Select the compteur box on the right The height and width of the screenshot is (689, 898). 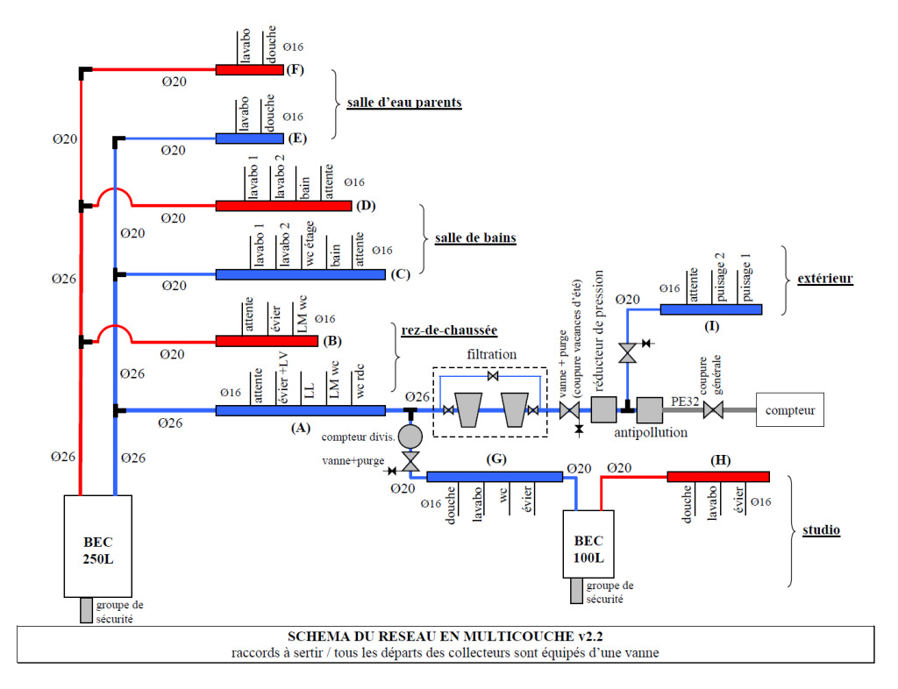(790, 409)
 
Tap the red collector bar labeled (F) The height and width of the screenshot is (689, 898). (250, 69)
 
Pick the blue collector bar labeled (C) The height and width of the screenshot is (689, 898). (300, 274)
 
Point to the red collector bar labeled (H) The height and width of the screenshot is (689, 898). (717, 476)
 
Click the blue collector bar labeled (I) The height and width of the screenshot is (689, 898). (710, 309)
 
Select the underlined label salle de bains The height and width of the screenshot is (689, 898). (475, 238)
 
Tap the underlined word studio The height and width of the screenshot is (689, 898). (822, 530)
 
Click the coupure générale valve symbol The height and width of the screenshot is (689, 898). (713, 410)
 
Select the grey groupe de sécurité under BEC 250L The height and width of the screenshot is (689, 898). (86, 610)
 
